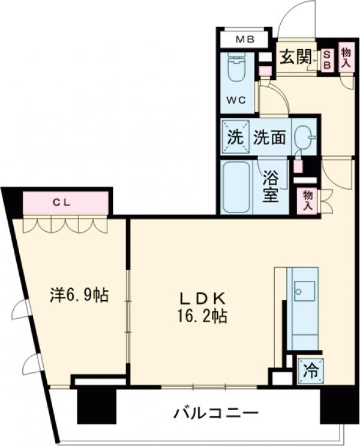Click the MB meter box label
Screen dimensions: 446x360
point(244,40)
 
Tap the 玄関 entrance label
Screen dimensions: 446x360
point(296,57)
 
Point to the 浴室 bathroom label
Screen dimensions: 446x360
point(271,186)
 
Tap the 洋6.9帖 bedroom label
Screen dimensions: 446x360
point(79,296)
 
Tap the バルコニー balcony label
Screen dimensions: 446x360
point(216,414)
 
